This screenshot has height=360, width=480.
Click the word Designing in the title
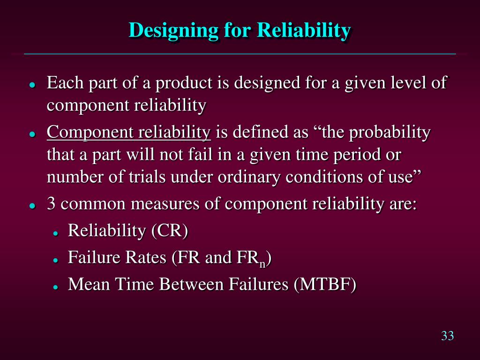pos(173,30)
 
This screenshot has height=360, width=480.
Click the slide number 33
pos(447,336)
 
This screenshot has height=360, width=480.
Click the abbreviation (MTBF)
pos(325,284)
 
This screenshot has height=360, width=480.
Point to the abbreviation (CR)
pos(170,230)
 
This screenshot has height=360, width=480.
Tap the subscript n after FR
pos(262,263)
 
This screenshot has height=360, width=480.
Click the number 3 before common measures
pos(51,203)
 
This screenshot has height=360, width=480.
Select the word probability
pos(390,133)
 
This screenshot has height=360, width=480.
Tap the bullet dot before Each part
pos(32,85)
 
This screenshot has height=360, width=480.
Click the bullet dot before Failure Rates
pos(55,260)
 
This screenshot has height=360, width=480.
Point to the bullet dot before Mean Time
pos(55,287)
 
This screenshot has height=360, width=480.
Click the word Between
pos(191,284)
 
